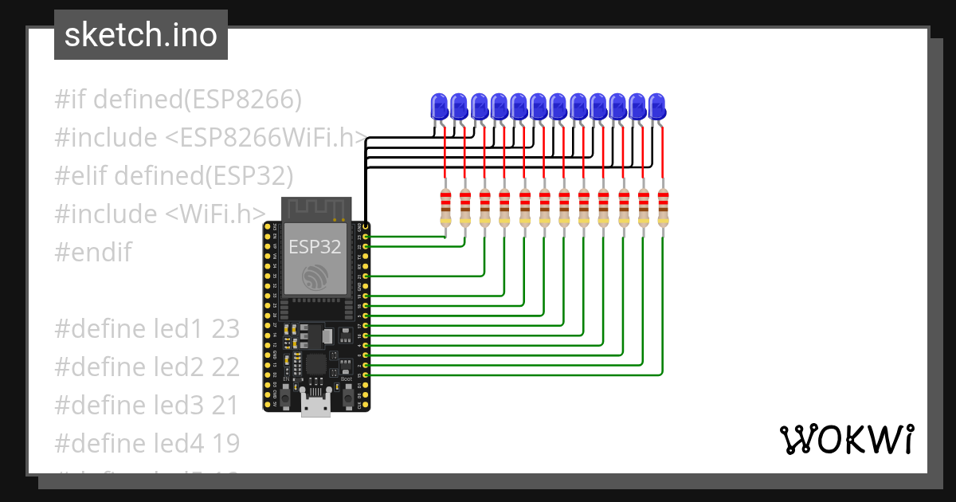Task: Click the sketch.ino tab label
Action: [140, 35]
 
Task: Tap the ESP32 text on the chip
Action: [315, 246]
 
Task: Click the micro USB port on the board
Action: [315, 406]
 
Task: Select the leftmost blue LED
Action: [439, 106]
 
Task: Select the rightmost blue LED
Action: [656, 106]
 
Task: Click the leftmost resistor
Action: [445, 209]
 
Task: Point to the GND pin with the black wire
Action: [365, 226]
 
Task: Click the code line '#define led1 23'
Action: [147, 329]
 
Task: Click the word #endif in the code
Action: [92, 253]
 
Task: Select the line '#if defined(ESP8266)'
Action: [178, 100]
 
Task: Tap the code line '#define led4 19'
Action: [147, 443]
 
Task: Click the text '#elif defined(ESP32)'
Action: [174, 175]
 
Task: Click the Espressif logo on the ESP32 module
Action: [315, 277]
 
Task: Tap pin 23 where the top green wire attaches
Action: [365, 237]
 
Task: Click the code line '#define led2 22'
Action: [147, 367]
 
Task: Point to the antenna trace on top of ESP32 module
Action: [315, 208]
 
